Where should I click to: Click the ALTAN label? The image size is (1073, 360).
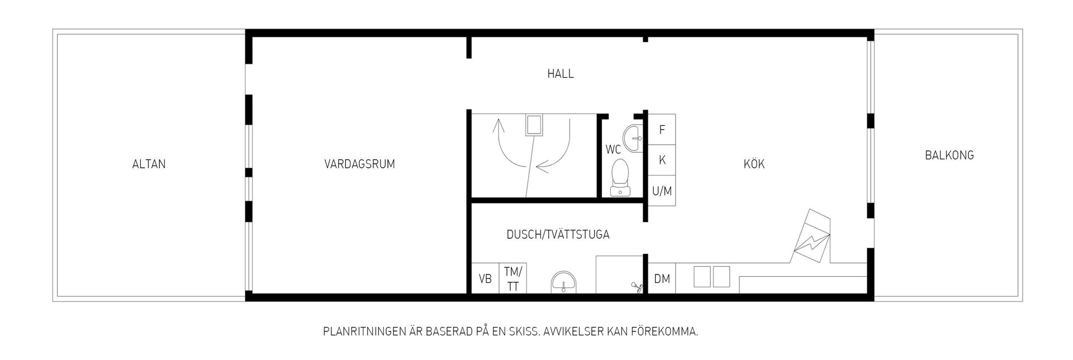point(149,164)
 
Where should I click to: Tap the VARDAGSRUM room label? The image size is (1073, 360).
point(359,164)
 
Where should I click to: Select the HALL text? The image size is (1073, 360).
point(561,74)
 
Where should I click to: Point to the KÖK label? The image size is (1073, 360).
point(754,164)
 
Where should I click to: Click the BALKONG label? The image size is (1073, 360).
point(949,155)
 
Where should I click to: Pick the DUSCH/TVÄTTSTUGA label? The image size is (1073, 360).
point(558,235)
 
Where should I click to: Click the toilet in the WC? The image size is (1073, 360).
point(620,178)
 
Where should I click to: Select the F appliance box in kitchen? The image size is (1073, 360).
point(662,130)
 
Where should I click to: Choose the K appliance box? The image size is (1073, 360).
point(662,160)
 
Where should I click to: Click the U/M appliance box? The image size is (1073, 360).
point(662,191)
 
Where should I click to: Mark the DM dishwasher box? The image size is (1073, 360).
point(662,278)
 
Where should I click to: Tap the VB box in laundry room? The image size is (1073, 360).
point(485,278)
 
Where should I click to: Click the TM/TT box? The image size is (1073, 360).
point(512,278)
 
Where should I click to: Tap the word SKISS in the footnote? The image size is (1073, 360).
point(521,332)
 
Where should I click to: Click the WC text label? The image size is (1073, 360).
point(613,150)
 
